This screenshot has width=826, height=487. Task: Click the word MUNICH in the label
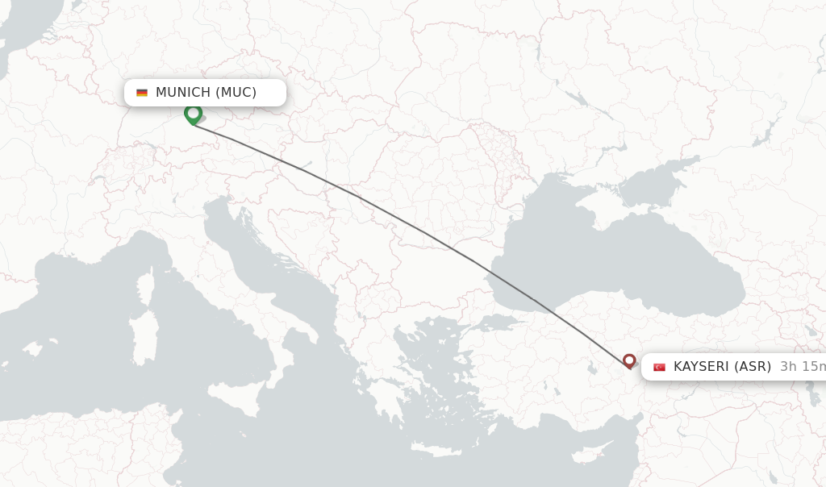tap(183, 92)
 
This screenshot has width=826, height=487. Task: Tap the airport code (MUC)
tap(236, 92)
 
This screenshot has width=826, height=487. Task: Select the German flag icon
tap(142, 93)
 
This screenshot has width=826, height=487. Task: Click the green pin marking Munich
tap(193, 114)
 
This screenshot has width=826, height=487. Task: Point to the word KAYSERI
tap(700, 366)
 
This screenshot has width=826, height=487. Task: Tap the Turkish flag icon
tap(659, 367)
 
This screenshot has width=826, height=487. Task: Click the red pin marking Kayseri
tap(629, 360)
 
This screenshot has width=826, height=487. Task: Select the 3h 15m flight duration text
tap(803, 366)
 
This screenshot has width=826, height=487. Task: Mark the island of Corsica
tap(146, 290)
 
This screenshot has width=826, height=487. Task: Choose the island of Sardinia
tap(144, 339)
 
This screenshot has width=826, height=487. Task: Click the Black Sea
tap(613, 258)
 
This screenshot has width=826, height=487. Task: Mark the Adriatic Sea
tap(258, 258)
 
